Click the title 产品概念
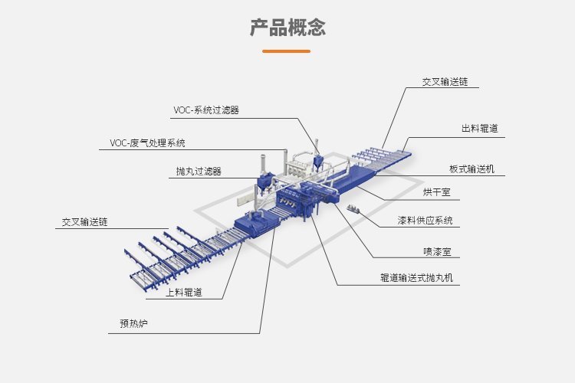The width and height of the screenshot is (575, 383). click(x=287, y=27)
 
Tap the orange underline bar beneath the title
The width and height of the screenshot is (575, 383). click(x=286, y=51)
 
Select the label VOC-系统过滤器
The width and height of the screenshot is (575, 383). click(x=206, y=110)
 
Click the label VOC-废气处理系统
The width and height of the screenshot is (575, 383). click(x=147, y=142)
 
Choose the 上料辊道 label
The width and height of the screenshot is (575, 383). click(x=184, y=292)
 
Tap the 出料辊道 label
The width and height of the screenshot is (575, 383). click(x=479, y=129)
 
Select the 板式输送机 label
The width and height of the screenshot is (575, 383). click(x=477, y=169)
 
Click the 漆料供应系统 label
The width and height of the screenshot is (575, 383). click(x=425, y=221)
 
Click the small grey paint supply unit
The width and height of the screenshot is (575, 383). click(x=353, y=208)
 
